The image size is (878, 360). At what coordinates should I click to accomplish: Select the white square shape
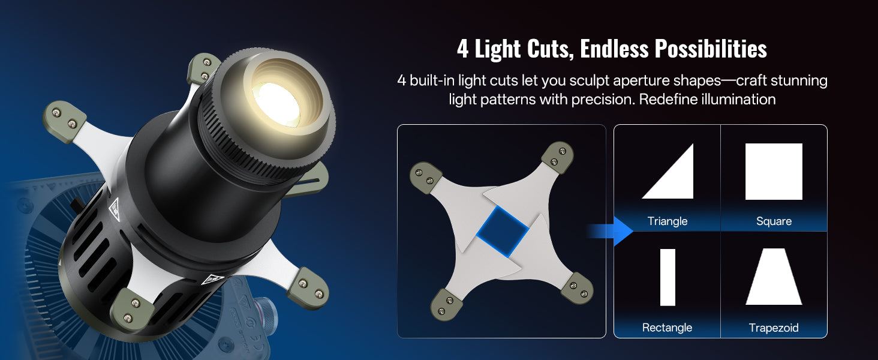point(774,172)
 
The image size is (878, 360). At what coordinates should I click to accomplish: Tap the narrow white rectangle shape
point(667,277)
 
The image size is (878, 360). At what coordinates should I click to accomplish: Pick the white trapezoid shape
point(774,277)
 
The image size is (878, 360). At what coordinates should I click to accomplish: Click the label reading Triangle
point(667,221)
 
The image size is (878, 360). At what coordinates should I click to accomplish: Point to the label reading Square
point(774,221)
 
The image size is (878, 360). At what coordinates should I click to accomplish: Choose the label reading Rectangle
point(667,328)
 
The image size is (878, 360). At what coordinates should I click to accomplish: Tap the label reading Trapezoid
point(773,328)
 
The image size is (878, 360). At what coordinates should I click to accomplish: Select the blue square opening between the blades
point(503,232)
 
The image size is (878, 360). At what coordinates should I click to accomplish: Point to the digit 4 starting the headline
point(463,49)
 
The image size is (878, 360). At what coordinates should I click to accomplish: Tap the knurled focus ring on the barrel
point(258,149)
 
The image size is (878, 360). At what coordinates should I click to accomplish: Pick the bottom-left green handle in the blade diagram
point(447,305)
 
